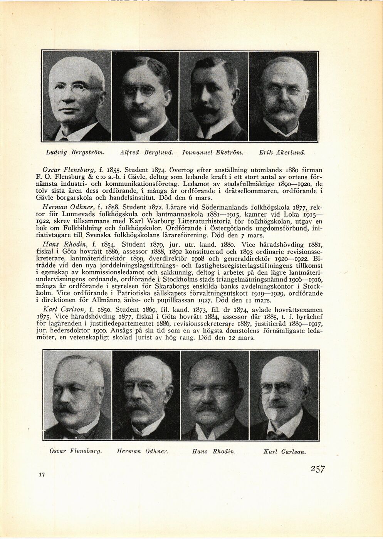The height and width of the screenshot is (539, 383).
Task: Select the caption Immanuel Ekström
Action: pos(212,152)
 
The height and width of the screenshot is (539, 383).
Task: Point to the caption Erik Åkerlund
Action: pos(282,152)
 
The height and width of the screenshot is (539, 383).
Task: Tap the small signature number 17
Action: pos(42,475)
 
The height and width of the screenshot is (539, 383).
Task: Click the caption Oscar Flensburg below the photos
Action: pos(76,451)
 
